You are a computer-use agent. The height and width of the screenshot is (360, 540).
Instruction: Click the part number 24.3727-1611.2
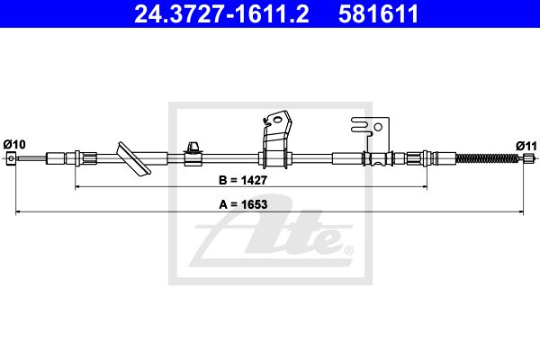coord(221,13)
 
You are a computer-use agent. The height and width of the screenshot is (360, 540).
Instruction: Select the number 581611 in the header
coord(378,13)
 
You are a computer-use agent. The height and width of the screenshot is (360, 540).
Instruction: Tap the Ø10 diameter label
coord(14,144)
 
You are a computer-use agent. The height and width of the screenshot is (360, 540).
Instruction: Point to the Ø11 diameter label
coord(526,146)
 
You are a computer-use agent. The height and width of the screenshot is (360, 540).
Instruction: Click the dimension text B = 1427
coord(243,180)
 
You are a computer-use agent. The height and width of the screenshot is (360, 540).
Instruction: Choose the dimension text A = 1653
coord(243,204)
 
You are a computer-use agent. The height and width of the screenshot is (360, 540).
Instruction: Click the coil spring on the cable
coord(487,158)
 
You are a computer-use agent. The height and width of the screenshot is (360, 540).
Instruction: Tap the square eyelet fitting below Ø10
coord(11,158)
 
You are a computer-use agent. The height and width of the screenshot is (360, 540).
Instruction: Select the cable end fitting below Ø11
coord(527,158)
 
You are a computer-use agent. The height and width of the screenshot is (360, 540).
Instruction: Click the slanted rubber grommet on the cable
coord(134,158)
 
